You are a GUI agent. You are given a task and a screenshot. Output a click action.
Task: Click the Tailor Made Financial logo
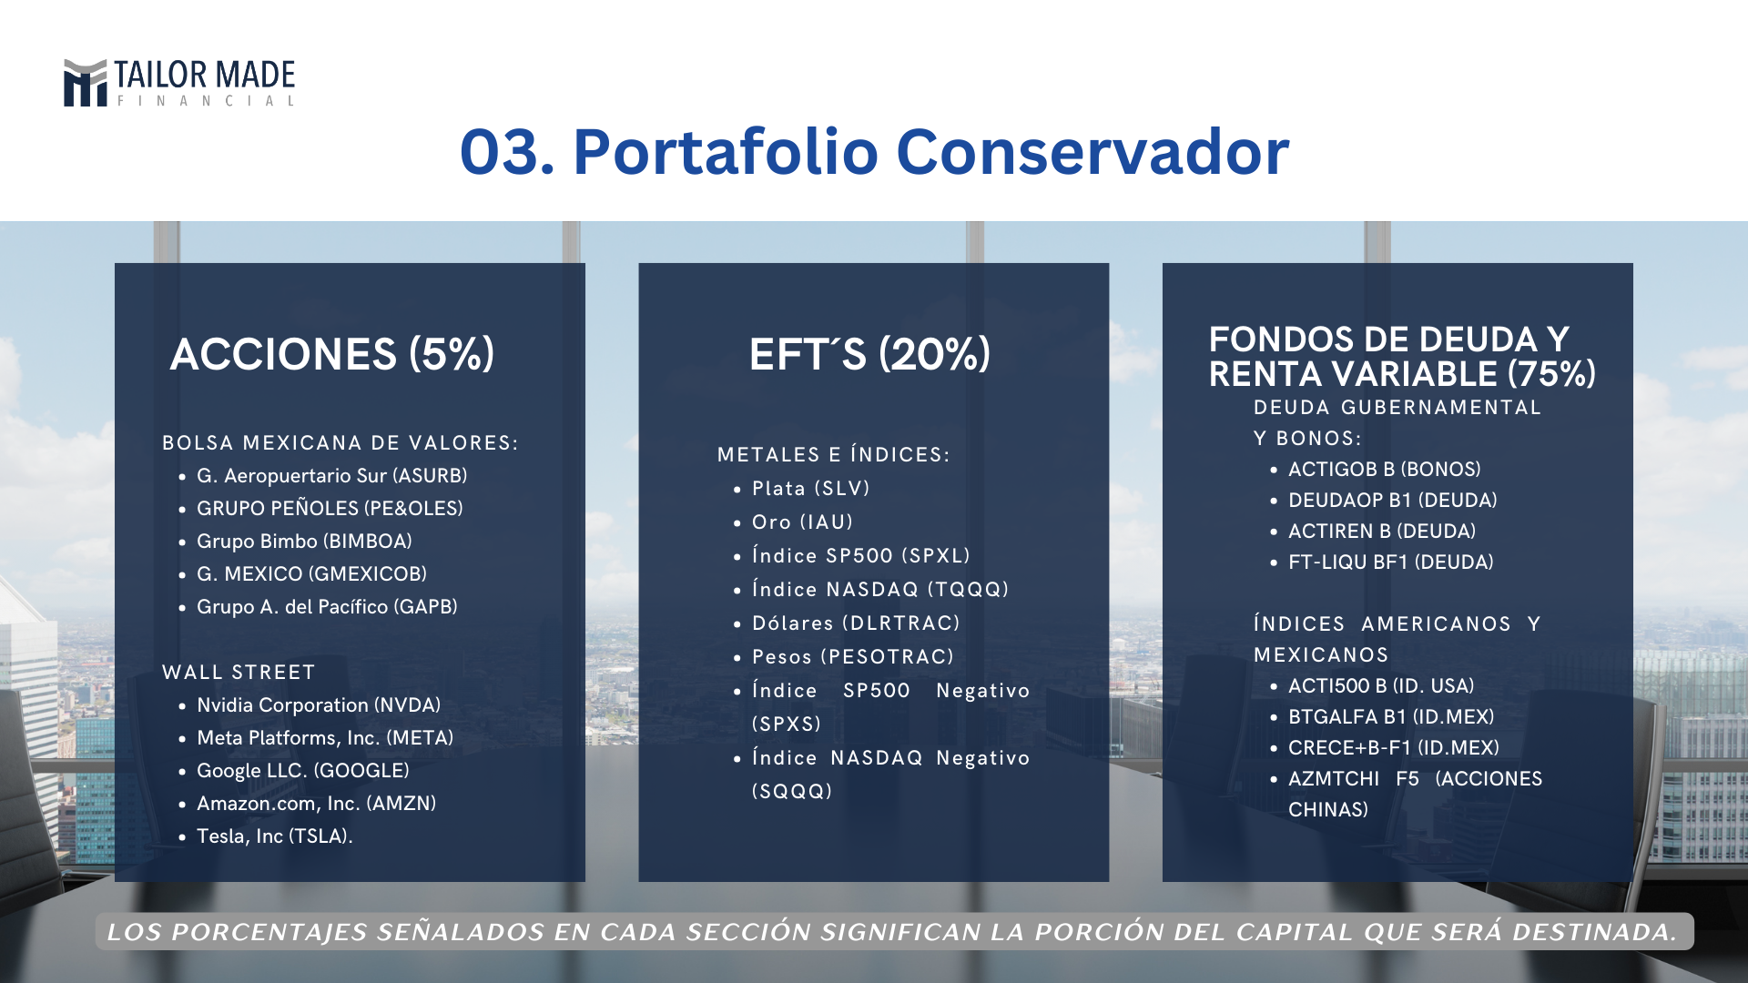179,83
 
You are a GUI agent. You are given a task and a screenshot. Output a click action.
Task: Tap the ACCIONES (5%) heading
332,354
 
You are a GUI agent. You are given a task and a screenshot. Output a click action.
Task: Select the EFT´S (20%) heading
869,354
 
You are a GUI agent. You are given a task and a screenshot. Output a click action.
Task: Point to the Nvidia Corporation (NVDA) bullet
319,705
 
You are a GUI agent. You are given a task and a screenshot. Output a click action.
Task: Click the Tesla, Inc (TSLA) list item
275,836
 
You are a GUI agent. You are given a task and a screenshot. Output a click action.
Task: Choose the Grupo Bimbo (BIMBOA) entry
305,542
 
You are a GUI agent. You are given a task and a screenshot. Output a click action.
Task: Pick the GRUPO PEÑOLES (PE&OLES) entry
330,509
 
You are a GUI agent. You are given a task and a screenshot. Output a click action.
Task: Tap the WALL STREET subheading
239,673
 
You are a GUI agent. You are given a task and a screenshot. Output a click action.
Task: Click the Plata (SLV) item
811,489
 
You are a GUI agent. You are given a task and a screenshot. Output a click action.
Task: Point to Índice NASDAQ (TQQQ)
880,590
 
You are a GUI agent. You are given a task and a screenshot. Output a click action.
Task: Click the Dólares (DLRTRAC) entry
856,623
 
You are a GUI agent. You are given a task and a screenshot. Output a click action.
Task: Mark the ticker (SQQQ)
792,792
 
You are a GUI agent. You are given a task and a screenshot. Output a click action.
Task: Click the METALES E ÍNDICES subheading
834,455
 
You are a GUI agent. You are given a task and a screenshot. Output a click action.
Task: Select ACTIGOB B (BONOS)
1385,470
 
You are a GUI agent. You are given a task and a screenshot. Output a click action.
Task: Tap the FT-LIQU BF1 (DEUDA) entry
1391,562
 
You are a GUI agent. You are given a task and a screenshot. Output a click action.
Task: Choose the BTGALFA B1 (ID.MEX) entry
1391,717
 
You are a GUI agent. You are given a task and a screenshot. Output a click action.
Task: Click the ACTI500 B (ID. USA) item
1381,686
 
